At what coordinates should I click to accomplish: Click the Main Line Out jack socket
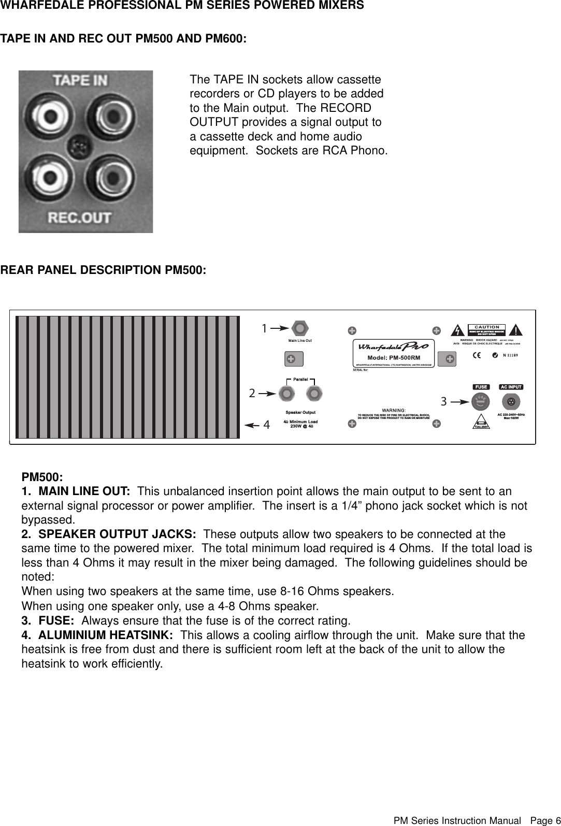300,328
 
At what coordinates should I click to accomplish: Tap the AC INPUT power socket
511,401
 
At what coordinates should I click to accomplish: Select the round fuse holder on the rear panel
481,401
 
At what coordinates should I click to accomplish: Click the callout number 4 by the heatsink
267,425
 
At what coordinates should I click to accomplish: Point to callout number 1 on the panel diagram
264,328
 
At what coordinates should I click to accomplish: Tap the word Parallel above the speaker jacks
301,379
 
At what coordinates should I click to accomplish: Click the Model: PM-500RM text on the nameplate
393,357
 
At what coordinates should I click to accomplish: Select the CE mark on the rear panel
477,355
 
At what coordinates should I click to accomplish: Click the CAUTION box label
487,327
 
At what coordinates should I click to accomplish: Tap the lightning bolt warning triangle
457,330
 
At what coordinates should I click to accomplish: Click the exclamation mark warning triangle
516,330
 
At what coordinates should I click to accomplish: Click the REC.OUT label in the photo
79,218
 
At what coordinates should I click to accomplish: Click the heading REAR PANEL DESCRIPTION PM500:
103,270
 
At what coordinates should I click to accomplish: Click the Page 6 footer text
541,821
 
